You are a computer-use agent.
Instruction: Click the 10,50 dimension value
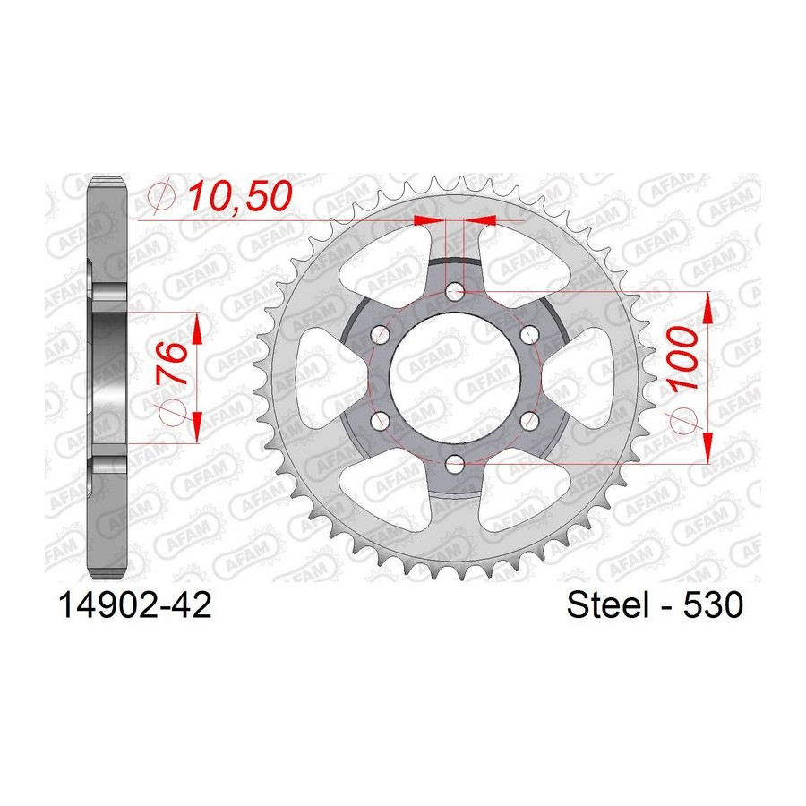240,197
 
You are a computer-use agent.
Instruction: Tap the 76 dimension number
171,362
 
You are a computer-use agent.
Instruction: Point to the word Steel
607,604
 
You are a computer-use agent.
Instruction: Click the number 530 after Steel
713,604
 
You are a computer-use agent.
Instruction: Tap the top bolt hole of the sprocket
454,294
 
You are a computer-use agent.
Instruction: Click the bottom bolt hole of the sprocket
454,466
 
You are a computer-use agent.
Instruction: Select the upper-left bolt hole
380,337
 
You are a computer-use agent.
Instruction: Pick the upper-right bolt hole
529,337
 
